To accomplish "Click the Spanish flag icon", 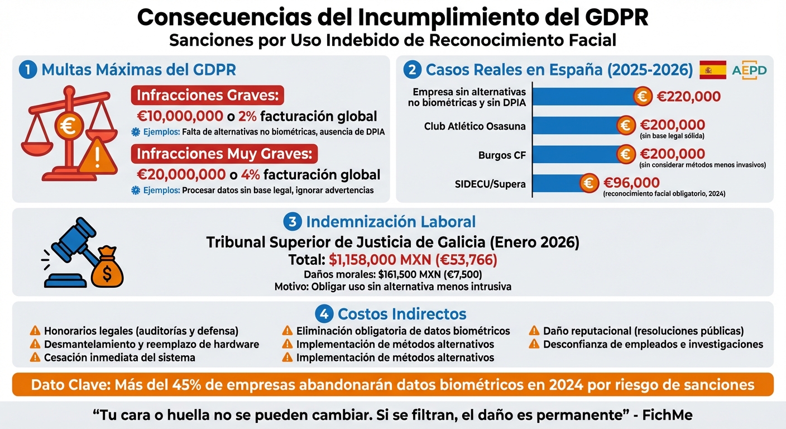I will [x=712, y=70].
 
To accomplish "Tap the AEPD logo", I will [x=749, y=70].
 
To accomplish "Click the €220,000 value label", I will [x=688, y=97].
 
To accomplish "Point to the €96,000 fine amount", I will [x=631, y=183].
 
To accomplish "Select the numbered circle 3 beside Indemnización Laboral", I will [x=293, y=222].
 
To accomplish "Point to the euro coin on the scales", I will [x=69, y=126].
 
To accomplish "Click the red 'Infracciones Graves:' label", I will [x=207, y=95].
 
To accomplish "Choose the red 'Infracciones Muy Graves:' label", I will [x=224, y=153].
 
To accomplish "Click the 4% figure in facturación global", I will [x=251, y=174].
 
